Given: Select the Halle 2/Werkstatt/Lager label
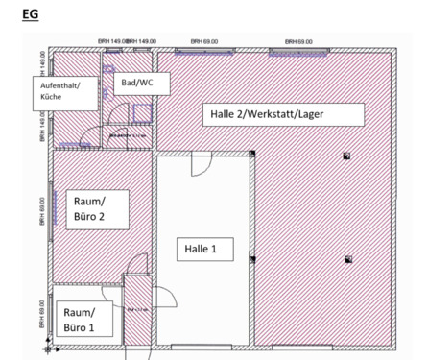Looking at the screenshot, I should point(284,115).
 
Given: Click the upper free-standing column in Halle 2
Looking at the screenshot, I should point(346,156).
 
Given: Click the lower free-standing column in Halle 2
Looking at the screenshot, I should point(346,257).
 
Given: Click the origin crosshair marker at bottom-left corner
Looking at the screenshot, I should point(59,347).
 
